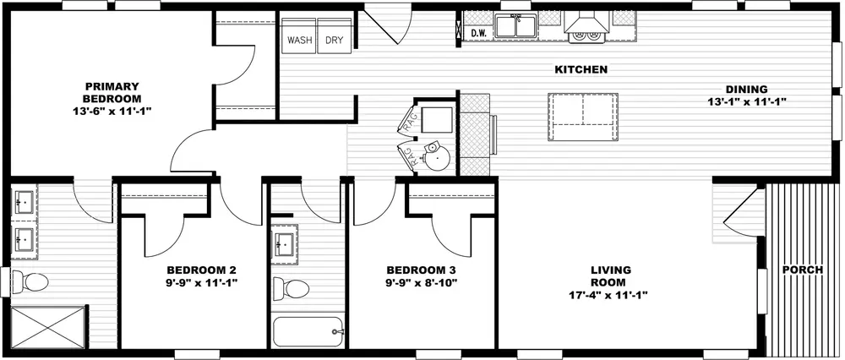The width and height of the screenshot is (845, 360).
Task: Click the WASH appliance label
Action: pyautogui.click(x=300, y=41)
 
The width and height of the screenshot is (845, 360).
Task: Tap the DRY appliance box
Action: pyautogui.click(x=335, y=36)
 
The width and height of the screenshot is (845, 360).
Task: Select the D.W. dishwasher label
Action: pyautogui.click(x=479, y=34)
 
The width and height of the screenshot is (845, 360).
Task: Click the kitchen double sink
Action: pyautogui.click(x=515, y=26)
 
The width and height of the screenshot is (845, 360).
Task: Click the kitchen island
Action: pyautogui.click(x=583, y=117)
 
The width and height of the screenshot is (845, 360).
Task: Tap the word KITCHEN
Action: pyautogui.click(x=581, y=69)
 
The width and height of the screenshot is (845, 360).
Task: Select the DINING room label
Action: pyautogui.click(x=746, y=90)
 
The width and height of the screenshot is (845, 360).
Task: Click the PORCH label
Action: pyautogui.click(x=803, y=270)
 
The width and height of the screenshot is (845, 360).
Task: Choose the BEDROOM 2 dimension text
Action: pyautogui.click(x=202, y=282)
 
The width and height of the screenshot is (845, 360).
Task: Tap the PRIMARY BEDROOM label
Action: pyautogui.click(x=112, y=93)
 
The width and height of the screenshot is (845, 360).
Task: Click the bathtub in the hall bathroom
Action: pyautogui.click(x=308, y=331)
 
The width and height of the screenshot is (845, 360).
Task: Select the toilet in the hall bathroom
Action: pyautogui.click(x=289, y=288)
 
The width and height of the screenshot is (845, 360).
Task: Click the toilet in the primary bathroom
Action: pyautogui.click(x=30, y=281)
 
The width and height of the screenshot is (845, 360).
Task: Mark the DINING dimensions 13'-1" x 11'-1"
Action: pyautogui.click(x=746, y=101)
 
